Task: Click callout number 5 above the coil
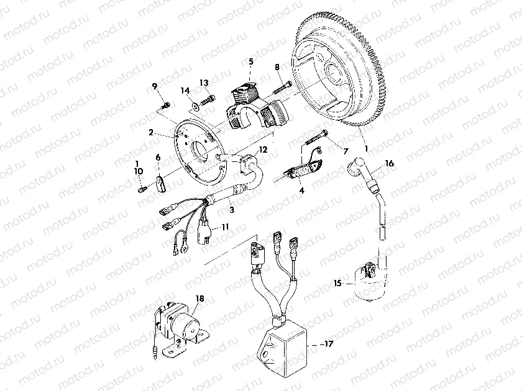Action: (x=251, y=61)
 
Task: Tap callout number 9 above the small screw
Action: (x=154, y=86)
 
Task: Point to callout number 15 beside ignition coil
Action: (x=337, y=283)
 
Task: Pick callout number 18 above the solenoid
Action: (x=199, y=299)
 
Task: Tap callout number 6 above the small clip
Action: (x=158, y=158)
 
